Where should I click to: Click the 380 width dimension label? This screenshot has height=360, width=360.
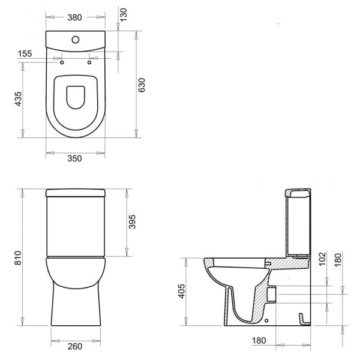click(x=74, y=17)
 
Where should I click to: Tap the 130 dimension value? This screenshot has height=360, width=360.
click(x=123, y=14)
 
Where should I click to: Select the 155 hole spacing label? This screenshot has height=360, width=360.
click(x=25, y=54)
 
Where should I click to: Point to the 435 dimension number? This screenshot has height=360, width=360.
click(x=18, y=99)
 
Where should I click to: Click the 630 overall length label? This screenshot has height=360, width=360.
click(x=142, y=85)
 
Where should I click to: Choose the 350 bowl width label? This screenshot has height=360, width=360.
click(x=74, y=158)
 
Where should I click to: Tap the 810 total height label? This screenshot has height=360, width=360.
click(x=18, y=258)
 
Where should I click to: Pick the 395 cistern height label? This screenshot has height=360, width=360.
click(x=132, y=222)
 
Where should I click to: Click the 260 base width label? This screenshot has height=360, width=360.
click(x=75, y=346)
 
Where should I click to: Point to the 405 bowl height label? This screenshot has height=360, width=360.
click(x=182, y=291)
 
